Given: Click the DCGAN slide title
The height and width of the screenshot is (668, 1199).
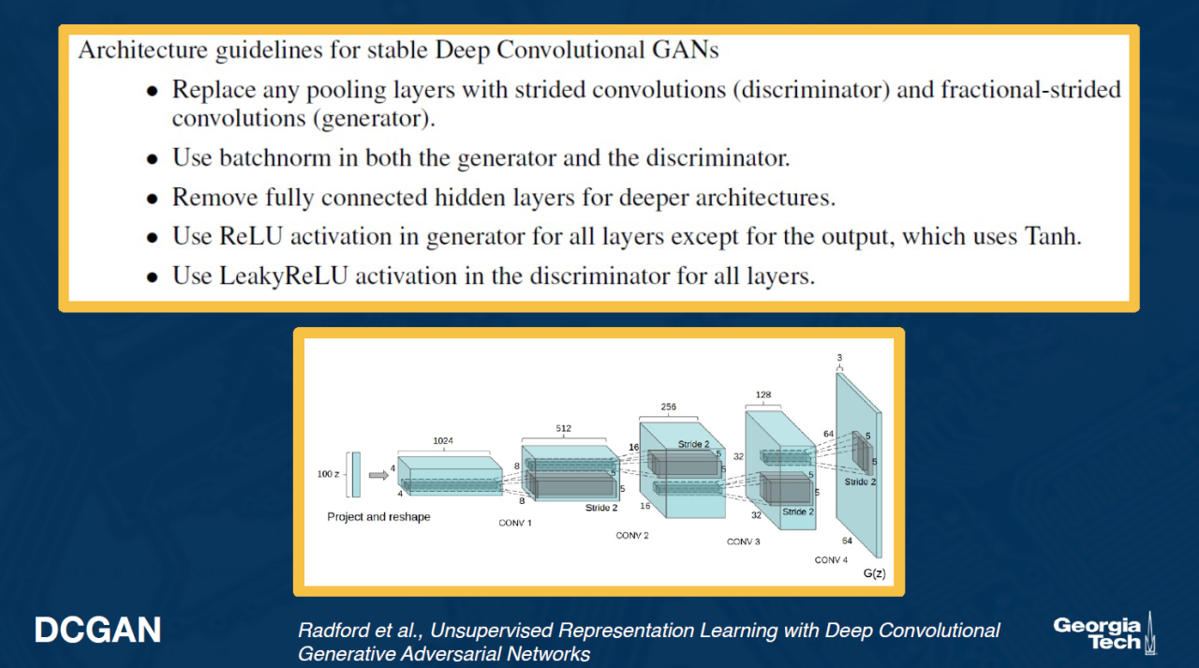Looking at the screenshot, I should pyautogui.click(x=97, y=631).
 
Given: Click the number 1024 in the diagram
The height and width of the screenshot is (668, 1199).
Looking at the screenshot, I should pyautogui.click(x=444, y=440).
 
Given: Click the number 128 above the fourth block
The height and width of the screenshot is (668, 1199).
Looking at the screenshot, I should pyautogui.click(x=765, y=395).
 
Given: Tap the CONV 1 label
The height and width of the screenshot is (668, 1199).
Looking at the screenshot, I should pyautogui.click(x=514, y=522).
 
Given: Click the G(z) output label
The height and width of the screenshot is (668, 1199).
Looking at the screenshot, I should pyautogui.click(x=873, y=572).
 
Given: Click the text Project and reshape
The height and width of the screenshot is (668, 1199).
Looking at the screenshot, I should pyautogui.click(x=378, y=516).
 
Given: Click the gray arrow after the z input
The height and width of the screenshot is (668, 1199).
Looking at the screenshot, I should pyautogui.click(x=378, y=475).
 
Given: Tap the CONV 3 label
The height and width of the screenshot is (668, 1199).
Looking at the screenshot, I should pyautogui.click(x=743, y=542).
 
